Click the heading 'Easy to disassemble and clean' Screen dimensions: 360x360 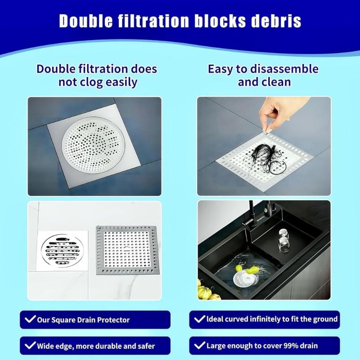click(263, 76)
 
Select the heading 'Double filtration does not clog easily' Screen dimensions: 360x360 click(97, 76)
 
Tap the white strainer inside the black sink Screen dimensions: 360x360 click(246, 277)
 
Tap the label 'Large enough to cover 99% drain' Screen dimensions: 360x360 click(262, 346)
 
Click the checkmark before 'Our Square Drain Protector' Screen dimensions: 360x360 click(30, 320)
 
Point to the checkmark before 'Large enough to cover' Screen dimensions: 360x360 click(199, 346)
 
